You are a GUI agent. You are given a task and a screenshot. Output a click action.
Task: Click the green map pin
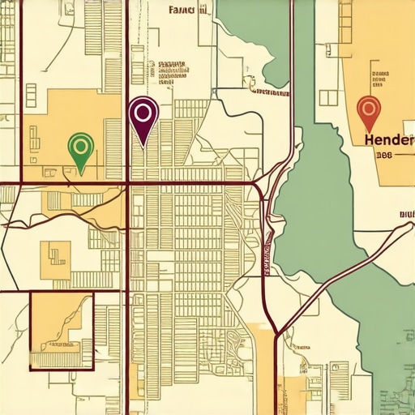tap(81, 148)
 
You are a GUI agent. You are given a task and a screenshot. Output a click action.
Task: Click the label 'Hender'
tap(389, 139)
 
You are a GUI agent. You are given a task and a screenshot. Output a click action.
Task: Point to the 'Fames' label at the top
tap(188, 10)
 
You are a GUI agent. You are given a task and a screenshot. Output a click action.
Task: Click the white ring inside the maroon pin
tap(143, 111)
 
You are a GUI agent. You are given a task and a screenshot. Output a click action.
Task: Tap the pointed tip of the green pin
tap(81, 173)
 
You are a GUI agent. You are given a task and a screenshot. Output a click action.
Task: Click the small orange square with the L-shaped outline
tap(56, 255)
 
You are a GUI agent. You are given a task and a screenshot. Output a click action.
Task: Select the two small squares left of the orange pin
tap(327, 97)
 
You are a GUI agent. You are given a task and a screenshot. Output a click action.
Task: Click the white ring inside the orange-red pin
tap(368, 106)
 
